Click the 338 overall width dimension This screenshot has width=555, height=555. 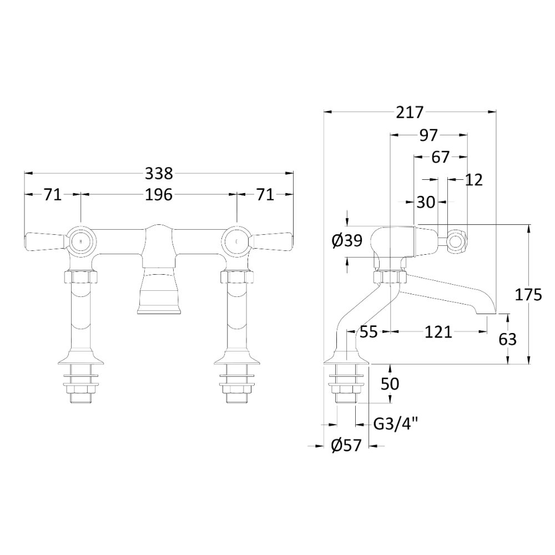(x=159, y=173)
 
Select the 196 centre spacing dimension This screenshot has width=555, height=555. (x=159, y=195)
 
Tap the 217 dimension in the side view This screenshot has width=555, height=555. (x=410, y=113)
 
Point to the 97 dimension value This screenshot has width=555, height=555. (x=428, y=135)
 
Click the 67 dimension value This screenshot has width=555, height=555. (x=440, y=157)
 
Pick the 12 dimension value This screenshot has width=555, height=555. (x=473, y=180)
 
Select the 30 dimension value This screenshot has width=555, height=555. (x=426, y=202)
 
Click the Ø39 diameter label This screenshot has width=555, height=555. (x=347, y=241)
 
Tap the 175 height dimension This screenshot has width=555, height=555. (x=528, y=295)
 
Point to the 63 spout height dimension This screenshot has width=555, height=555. (x=508, y=339)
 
